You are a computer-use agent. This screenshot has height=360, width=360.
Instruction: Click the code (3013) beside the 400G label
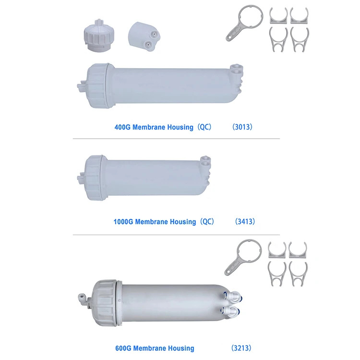pyautogui.click(x=242, y=127)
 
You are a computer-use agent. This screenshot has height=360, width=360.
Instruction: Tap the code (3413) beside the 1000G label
pyautogui.click(x=245, y=222)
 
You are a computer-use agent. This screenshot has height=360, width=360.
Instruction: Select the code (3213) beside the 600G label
pyautogui.click(x=241, y=348)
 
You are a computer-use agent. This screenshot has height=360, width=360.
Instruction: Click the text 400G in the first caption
pyautogui.click(x=122, y=127)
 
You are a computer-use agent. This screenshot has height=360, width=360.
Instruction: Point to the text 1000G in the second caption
pyautogui.click(x=123, y=222)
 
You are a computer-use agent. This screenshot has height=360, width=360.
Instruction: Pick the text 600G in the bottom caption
pyautogui.click(x=123, y=348)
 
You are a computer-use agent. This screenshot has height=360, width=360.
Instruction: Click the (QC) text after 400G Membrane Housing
pyautogui.click(x=204, y=127)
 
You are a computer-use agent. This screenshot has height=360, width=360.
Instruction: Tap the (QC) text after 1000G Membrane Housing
pyautogui.click(x=207, y=222)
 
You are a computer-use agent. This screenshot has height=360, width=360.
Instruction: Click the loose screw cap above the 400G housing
pyautogui.click(x=99, y=36)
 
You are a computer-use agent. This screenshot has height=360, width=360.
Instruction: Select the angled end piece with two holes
pyautogui.click(x=144, y=36)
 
